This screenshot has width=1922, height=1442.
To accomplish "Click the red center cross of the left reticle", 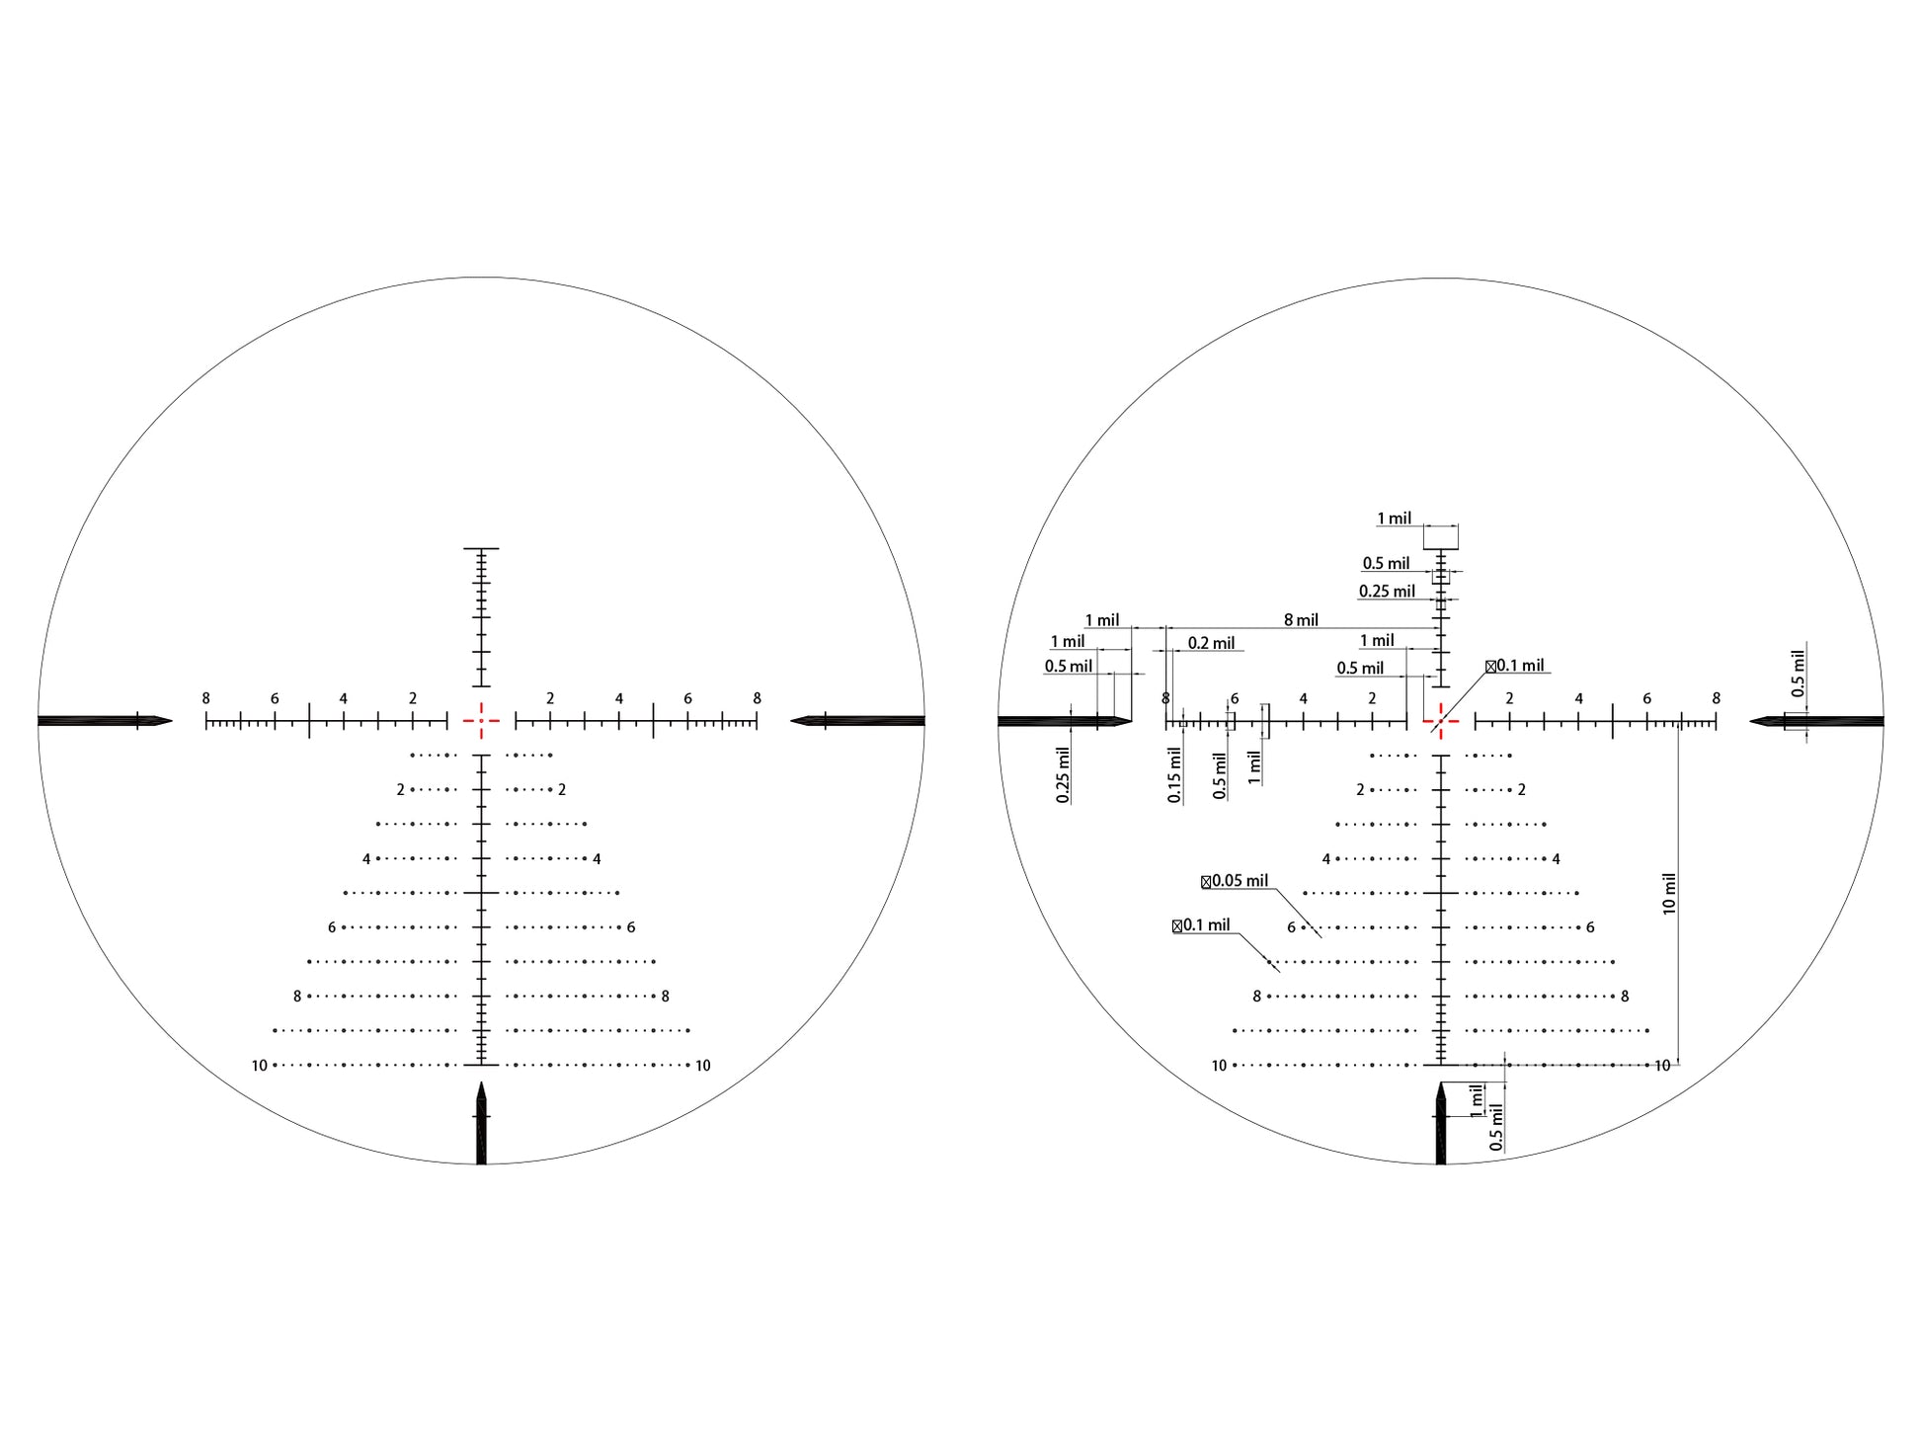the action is (x=481, y=721).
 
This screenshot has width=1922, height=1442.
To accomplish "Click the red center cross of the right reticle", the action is (x=1441, y=721).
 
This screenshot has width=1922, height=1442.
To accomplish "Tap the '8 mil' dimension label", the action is (x=1301, y=620).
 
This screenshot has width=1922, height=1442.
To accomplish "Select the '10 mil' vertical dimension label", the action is (x=1670, y=894).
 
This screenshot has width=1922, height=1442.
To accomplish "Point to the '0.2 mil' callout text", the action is (x=1211, y=643).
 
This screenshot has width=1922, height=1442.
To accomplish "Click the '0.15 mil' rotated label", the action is (x=1174, y=774).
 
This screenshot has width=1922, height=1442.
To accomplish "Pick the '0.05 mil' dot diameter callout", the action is (x=1235, y=881).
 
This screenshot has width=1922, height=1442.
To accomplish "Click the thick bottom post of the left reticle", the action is (x=481, y=1123).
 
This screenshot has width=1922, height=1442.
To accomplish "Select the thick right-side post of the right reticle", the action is (x=1816, y=721).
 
